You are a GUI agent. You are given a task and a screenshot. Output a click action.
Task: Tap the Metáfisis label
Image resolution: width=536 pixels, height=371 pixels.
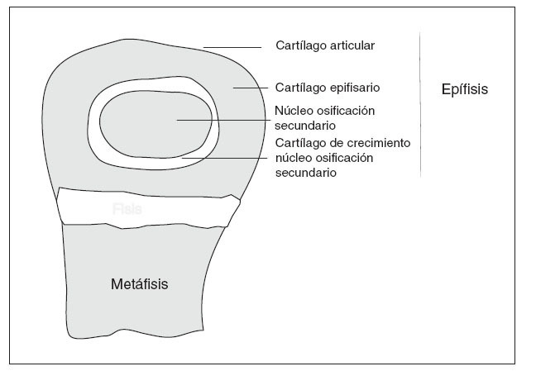pyautogui.click(x=139, y=284)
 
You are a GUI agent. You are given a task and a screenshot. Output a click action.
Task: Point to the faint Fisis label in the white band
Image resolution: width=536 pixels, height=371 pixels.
pyautogui.click(x=127, y=210)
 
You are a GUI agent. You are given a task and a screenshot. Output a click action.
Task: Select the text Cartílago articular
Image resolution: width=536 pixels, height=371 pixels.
pyautogui.click(x=324, y=46)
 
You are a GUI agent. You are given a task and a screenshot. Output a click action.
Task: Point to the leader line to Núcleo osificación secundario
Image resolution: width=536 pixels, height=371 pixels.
pyautogui.click(x=223, y=120)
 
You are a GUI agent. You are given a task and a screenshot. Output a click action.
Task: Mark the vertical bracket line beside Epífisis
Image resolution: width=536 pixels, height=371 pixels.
pyautogui.click(x=420, y=103)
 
